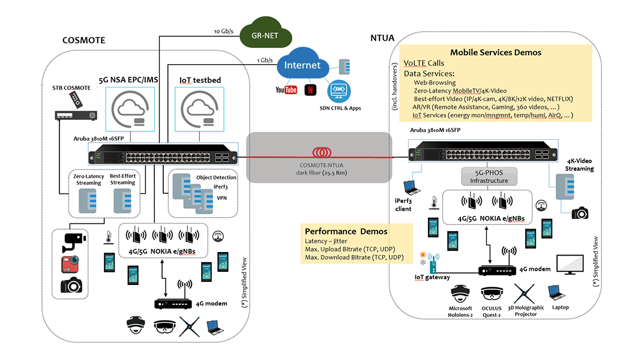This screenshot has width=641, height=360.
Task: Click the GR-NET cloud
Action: [264, 35]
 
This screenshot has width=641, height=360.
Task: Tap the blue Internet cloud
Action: [302, 66]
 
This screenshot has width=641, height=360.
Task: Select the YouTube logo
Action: [286, 90]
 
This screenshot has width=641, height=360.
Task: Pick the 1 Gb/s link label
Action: [264, 60]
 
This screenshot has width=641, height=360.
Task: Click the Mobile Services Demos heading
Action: [496, 52]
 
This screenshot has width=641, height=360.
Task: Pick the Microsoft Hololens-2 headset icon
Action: [461, 293]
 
